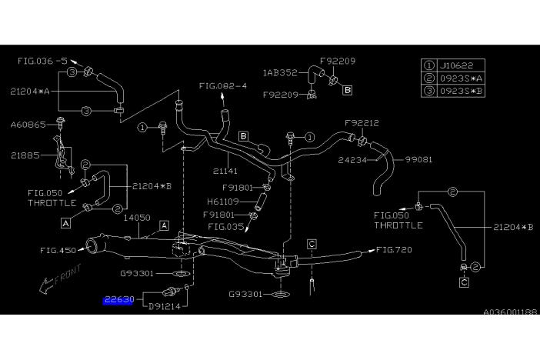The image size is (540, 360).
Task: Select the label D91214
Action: point(161,305)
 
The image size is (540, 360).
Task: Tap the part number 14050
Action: point(137,218)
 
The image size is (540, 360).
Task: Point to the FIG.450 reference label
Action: point(60,250)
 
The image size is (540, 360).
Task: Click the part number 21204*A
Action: point(30,91)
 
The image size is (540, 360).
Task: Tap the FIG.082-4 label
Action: point(224,87)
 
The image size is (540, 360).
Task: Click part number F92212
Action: point(362,122)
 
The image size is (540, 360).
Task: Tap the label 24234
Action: point(355,161)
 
